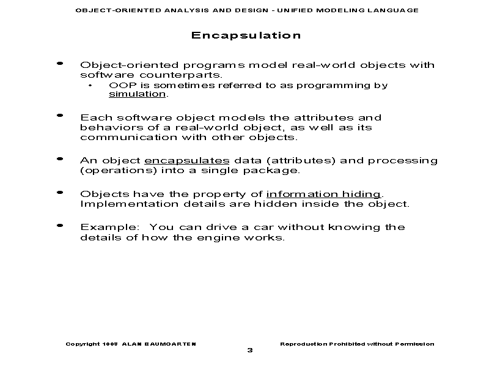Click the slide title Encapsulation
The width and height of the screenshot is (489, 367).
[246, 35]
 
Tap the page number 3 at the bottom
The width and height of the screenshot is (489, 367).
[249, 350]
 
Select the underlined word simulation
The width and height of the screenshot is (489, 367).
[137, 94]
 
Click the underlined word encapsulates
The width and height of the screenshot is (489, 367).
[178, 160]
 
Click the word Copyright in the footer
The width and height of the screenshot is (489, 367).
[83, 344]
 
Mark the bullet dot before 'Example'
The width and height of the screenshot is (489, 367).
[59, 226]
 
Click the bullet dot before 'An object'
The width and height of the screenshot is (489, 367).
[59, 159]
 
